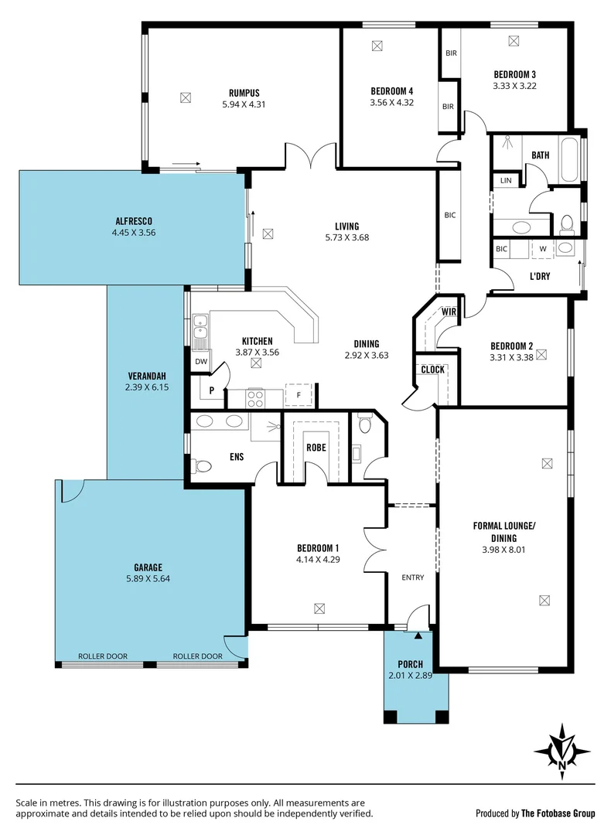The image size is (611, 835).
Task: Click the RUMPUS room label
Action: pos(244,92)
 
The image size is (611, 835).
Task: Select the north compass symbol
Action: pos(562,751)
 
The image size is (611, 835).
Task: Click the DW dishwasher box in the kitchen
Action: pos(201,361)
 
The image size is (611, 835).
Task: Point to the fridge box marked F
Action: pos(299,394)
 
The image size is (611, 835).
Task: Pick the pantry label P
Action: pos(211,390)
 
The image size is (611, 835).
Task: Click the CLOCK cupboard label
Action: pos(432,370)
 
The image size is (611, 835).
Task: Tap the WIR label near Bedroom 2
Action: pos(449,312)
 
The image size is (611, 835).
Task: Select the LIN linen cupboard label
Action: pos(506,180)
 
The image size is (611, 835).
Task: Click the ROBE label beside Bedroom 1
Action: pos(316,447)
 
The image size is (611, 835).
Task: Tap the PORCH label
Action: pos(411,664)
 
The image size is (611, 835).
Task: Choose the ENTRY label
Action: pos(413,578)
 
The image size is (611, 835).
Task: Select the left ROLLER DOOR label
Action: pos(103,656)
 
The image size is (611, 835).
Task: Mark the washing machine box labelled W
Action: pos(542,248)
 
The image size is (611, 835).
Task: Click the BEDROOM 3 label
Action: pos(515,74)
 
